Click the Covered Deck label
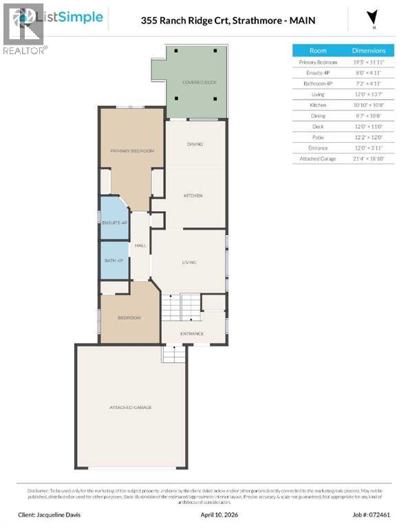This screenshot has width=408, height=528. click(x=199, y=82)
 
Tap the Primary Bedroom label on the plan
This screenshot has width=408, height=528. click(x=132, y=151)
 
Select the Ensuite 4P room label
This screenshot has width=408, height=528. click(x=114, y=223)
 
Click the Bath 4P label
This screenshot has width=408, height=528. click(x=114, y=260)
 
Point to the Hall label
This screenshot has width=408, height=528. click(x=140, y=245)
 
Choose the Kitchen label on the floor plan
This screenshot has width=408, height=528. click(x=193, y=196)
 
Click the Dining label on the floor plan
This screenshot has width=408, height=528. click(x=195, y=144)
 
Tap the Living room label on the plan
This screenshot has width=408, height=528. click(x=189, y=263)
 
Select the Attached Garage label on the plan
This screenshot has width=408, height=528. click(x=130, y=408)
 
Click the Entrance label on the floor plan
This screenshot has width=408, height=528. click(x=192, y=334)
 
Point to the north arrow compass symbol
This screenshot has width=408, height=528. click(x=372, y=18)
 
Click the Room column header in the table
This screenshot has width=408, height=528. click(x=318, y=51)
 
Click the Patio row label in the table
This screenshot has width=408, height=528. click(x=318, y=137)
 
